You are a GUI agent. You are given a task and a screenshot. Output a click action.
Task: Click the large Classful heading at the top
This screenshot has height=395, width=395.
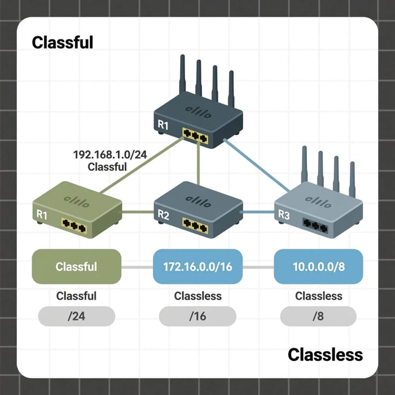(62, 42)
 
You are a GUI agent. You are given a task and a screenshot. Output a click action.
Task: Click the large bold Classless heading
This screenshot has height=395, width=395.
(325, 354)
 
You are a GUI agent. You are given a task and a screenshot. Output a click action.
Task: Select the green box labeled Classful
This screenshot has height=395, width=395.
(77, 266)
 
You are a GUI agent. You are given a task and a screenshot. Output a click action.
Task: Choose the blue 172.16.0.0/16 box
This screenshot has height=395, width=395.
(197, 266)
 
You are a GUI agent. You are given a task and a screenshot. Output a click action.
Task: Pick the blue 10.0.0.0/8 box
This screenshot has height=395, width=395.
(318, 266)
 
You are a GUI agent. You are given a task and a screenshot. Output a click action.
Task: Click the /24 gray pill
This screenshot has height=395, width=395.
(77, 317)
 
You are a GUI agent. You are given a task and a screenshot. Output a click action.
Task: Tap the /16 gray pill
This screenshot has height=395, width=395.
(197, 317)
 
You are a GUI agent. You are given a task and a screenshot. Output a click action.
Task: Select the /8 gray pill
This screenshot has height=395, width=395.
(318, 317)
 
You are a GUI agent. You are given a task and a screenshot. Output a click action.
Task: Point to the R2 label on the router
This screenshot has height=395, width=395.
(164, 214)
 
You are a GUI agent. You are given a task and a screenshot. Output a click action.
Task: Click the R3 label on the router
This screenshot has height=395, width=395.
(284, 214)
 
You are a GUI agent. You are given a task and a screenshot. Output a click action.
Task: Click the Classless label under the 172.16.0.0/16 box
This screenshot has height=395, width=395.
(197, 296)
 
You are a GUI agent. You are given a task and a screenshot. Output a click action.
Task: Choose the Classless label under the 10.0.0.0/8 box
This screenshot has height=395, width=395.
(318, 296)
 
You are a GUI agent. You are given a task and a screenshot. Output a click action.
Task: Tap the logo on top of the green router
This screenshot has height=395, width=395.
(76, 199)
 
